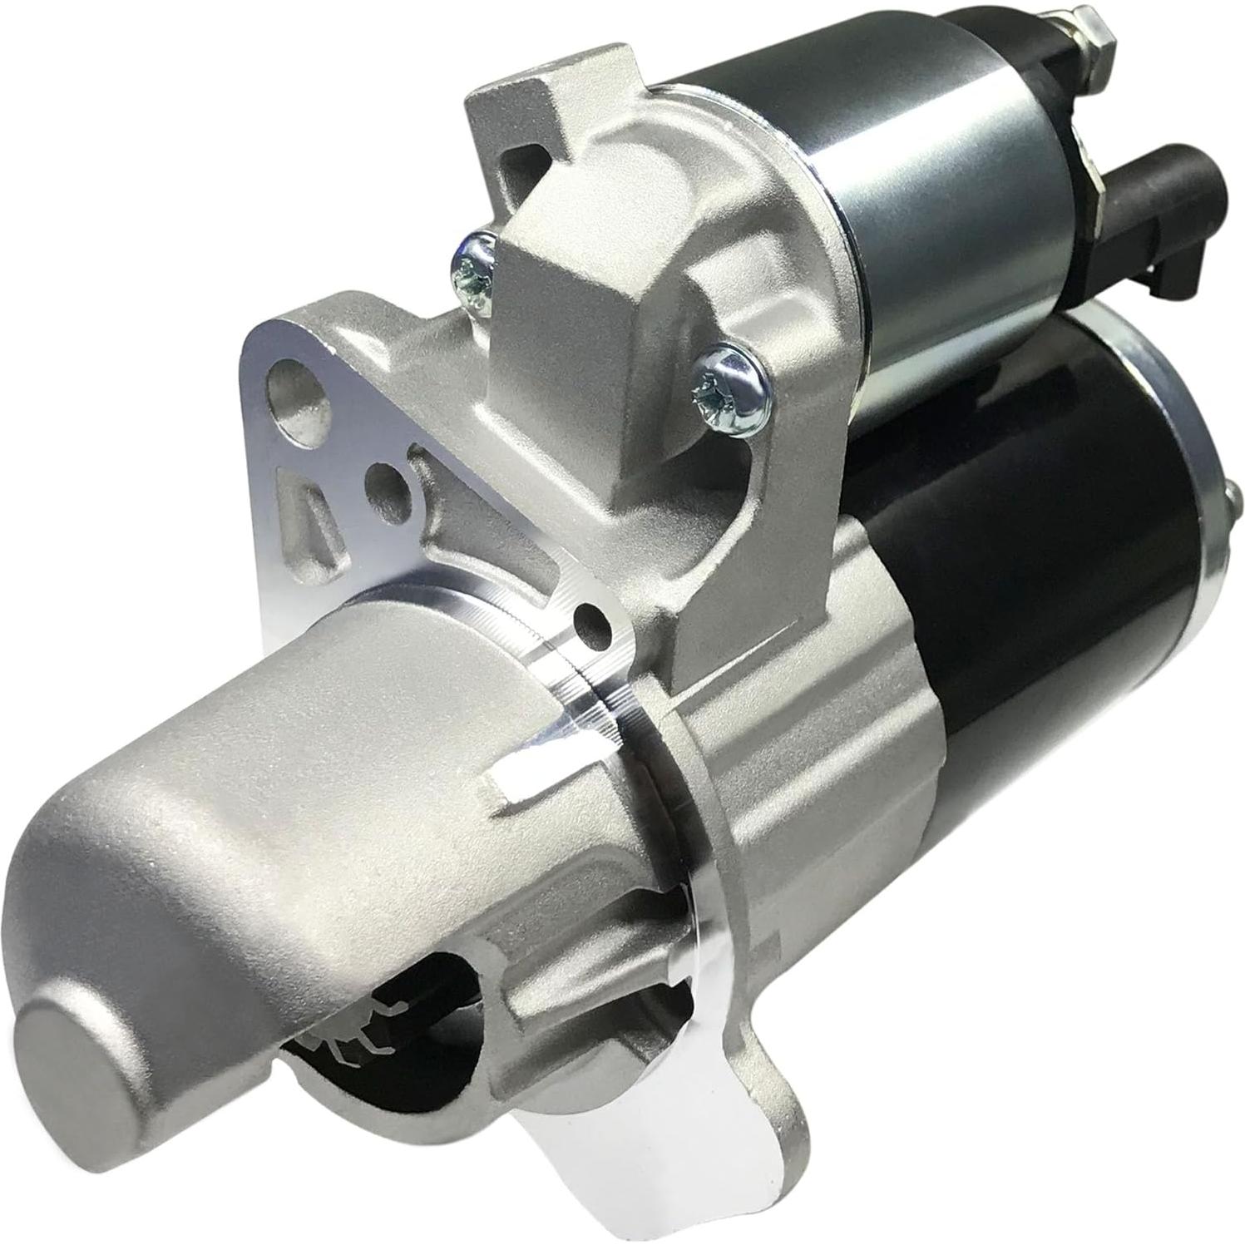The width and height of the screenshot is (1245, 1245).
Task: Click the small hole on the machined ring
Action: pos(592,622)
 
